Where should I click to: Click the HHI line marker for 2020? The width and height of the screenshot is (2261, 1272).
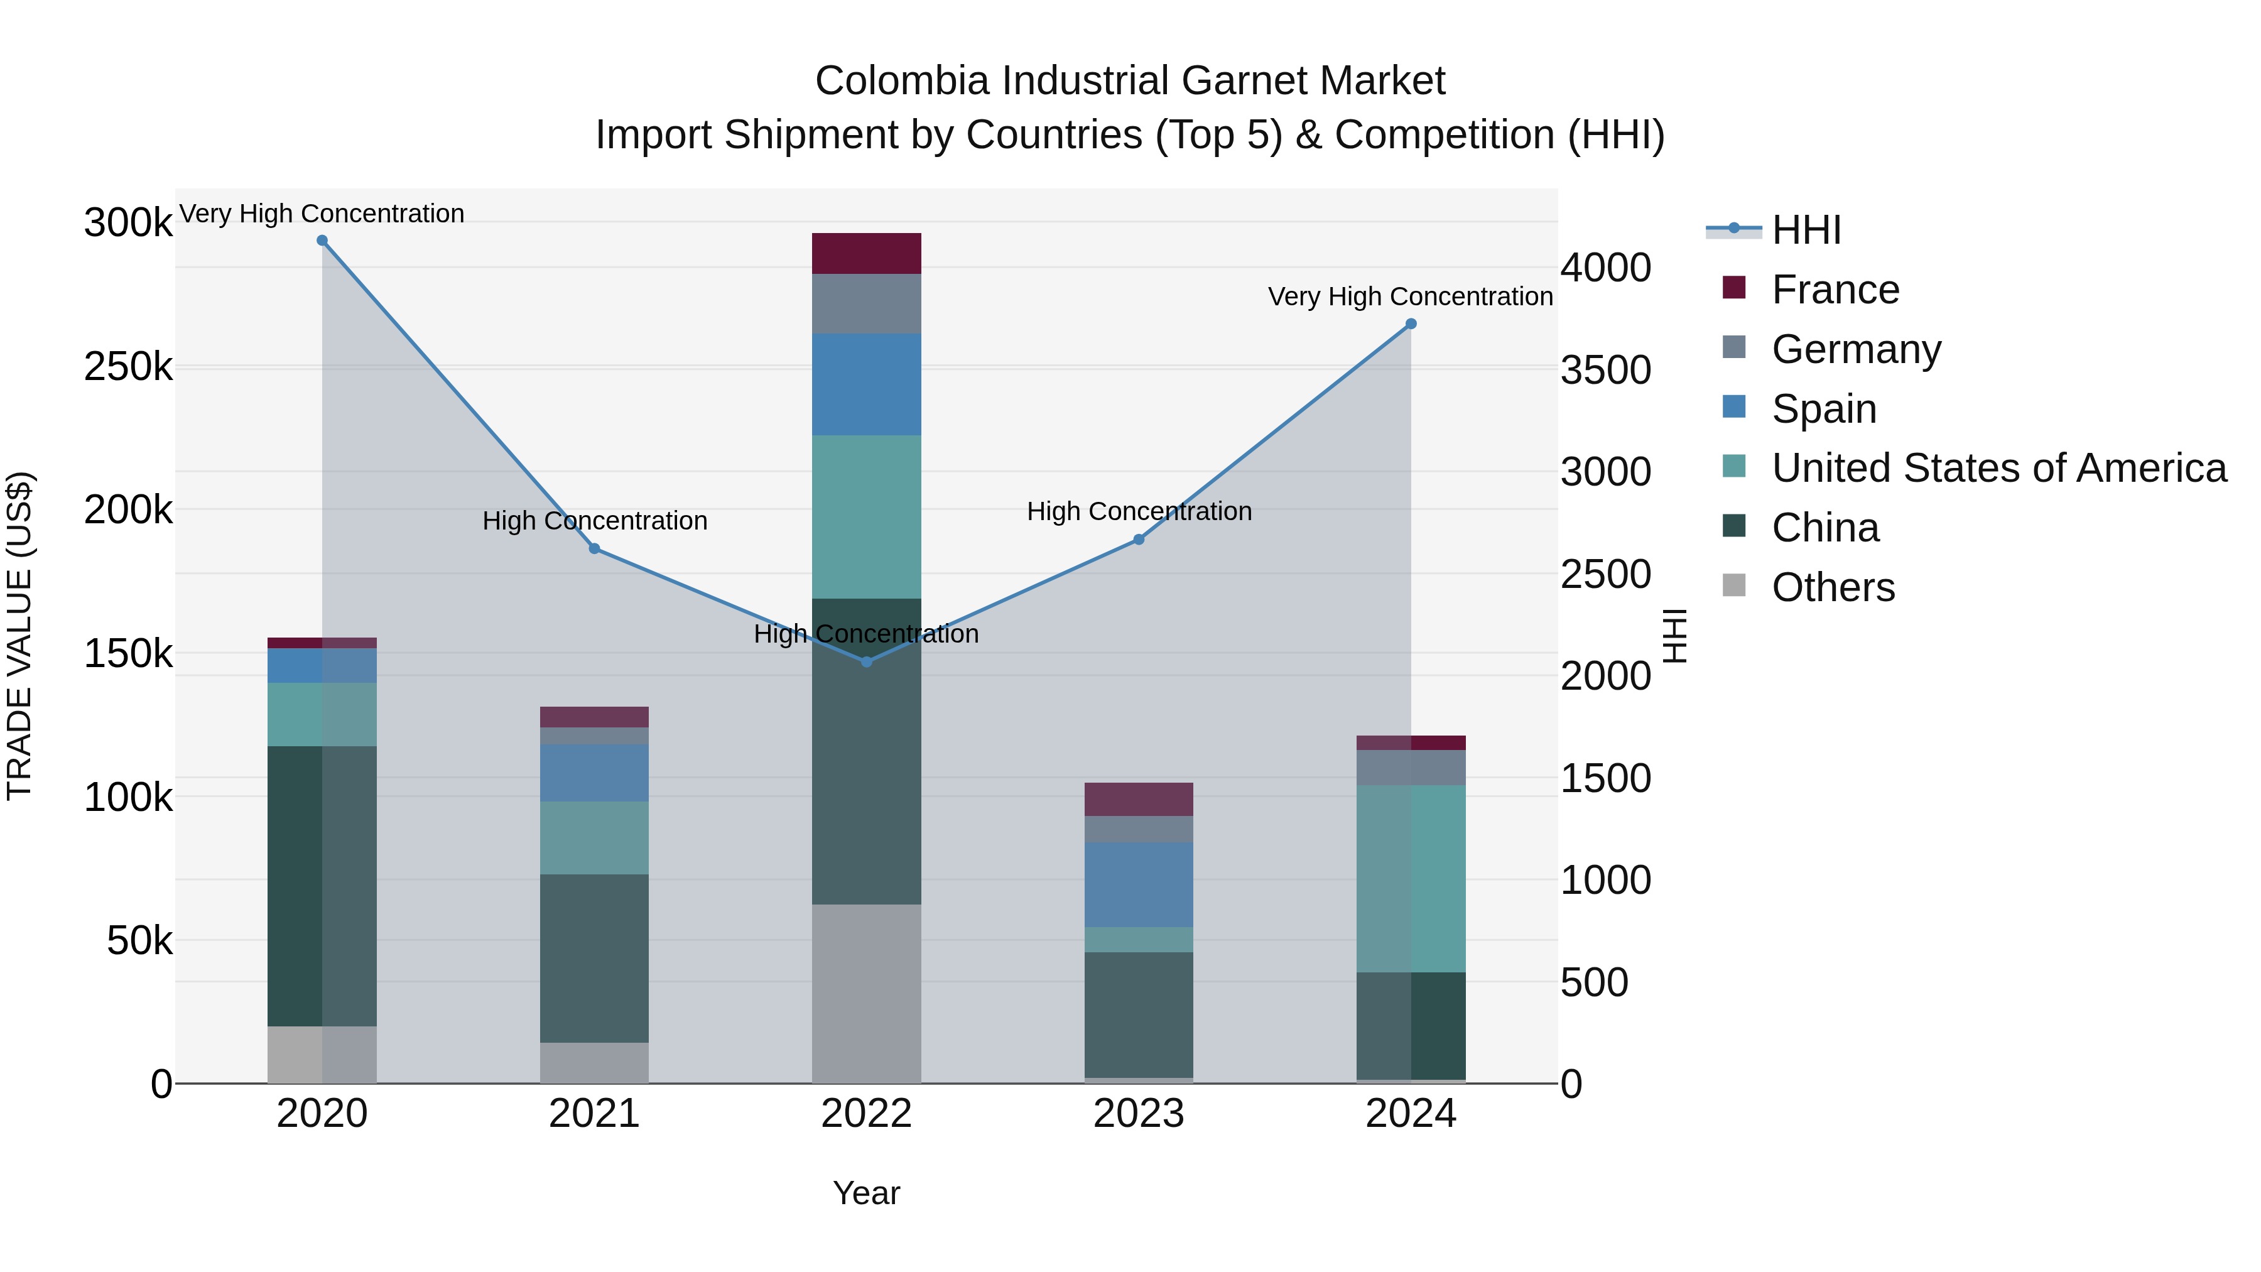[x=322, y=241]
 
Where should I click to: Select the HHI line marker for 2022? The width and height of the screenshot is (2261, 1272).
[x=866, y=662]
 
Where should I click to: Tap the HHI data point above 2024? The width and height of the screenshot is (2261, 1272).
[x=1411, y=324]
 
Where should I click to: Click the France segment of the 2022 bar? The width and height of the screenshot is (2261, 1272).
[x=866, y=254]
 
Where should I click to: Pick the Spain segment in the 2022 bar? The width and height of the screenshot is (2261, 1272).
[x=866, y=384]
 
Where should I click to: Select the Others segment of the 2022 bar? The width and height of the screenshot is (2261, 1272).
[x=866, y=993]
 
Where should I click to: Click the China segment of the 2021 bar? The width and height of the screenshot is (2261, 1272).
[x=594, y=958]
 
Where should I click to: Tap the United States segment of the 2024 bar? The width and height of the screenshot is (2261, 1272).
[x=1411, y=878]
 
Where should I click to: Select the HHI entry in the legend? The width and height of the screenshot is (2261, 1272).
[x=1806, y=230]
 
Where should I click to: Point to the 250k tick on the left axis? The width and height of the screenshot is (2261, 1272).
[x=128, y=366]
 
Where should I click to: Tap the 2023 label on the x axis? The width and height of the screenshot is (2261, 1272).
[x=1139, y=1114]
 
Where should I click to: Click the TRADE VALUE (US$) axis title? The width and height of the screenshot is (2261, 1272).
[x=20, y=636]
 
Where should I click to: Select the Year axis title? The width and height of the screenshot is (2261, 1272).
[x=866, y=1193]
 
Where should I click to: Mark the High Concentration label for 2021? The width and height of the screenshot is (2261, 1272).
[x=594, y=521]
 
